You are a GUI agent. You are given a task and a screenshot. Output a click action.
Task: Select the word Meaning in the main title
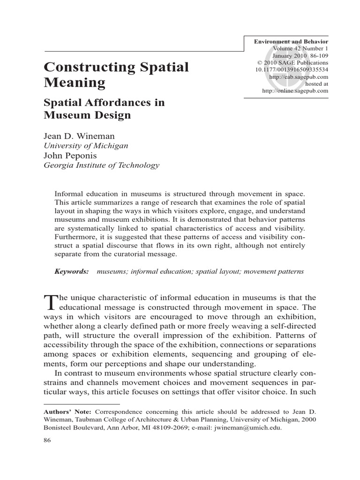[x=75, y=83]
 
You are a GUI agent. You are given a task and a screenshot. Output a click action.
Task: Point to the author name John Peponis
[x=70, y=155]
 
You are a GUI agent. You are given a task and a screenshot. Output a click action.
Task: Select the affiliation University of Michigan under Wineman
[x=86, y=146]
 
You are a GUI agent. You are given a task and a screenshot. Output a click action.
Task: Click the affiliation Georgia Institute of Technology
[x=102, y=165]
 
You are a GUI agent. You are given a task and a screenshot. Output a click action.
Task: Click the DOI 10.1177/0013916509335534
[x=292, y=69]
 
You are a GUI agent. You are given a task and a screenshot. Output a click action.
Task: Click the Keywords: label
[x=72, y=271]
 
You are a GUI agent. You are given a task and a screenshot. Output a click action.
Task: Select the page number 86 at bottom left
[x=47, y=441]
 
